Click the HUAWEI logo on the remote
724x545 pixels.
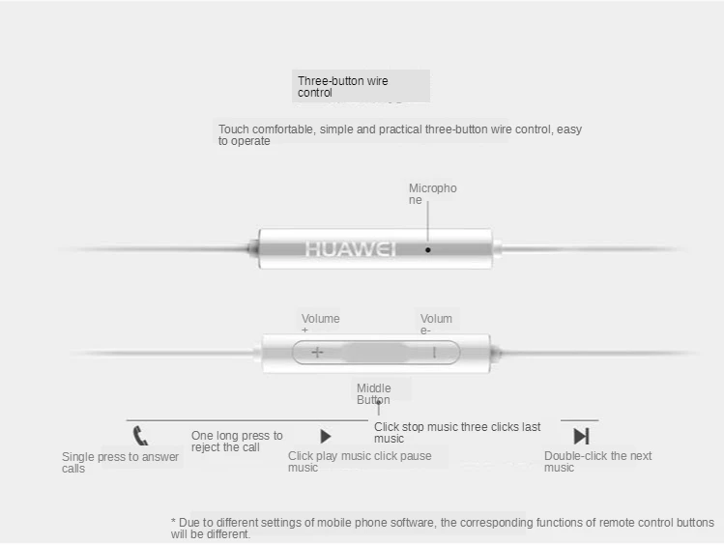(x=351, y=249)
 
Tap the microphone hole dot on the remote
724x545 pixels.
(x=428, y=249)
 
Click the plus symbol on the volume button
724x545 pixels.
(x=317, y=352)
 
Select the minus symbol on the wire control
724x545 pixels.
(x=434, y=352)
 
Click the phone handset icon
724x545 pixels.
(x=141, y=436)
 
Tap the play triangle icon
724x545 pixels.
(x=326, y=437)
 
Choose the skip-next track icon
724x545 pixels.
(x=581, y=436)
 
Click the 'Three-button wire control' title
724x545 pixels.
(x=343, y=87)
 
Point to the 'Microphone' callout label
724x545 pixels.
(x=432, y=193)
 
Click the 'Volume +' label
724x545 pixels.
(x=320, y=322)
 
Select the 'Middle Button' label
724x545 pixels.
(x=374, y=394)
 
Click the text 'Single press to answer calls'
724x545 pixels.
(x=120, y=462)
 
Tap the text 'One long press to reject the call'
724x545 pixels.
(x=237, y=442)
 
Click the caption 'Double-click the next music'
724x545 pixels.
(x=597, y=462)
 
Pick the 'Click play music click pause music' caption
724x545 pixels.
(x=360, y=462)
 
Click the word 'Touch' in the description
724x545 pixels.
(x=234, y=129)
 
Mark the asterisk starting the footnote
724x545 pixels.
(x=174, y=523)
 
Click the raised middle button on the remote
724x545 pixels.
(x=375, y=352)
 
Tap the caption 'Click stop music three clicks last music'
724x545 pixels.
(x=457, y=432)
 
